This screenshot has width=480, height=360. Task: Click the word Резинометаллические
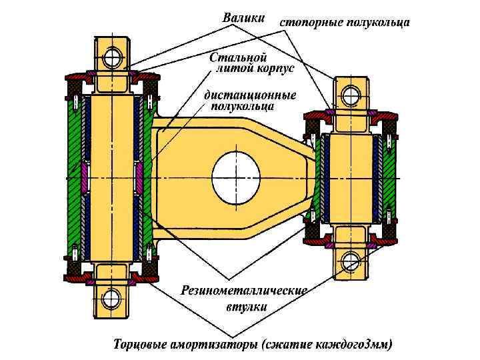click(x=244, y=291)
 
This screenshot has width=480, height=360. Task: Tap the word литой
click(x=231, y=68)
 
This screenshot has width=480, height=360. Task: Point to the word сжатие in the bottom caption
click(x=288, y=345)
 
